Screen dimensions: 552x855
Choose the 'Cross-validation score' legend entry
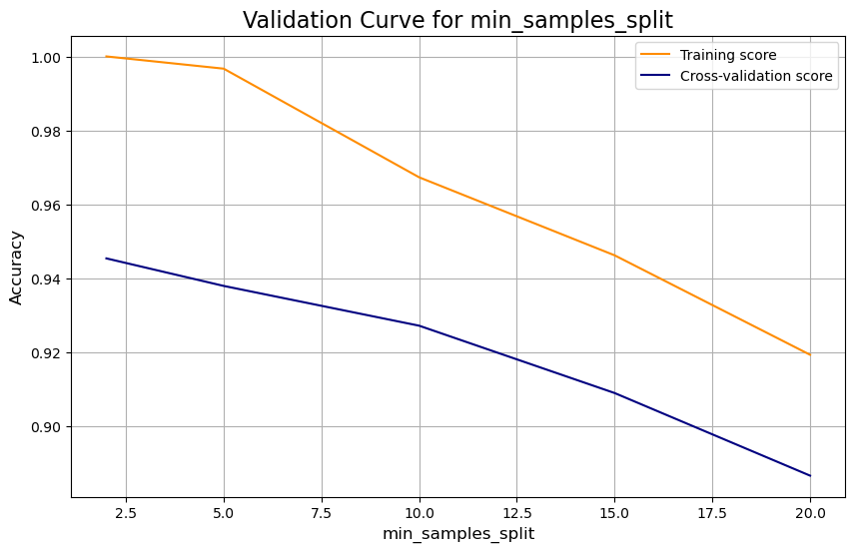click(x=756, y=76)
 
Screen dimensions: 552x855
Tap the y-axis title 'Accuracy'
click(x=16, y=268)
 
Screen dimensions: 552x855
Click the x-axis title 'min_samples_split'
click(x=458, y=535)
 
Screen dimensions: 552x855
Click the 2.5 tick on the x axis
click(x=126, y=512)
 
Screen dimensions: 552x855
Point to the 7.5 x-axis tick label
click(x=322, y=512)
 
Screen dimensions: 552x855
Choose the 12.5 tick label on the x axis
click(x=516, y=512)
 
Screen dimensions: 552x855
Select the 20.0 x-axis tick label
click(x=810, y=512)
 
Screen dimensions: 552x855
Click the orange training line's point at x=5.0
click(x=224, y=69)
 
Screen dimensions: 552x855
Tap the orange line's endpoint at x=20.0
click(x=810, y=354)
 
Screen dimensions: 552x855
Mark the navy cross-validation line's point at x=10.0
click(x=420, y=325)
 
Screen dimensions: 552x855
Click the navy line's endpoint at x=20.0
click(x=810, y=475)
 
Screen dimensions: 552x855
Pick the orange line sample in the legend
click(x=656, y=54)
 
